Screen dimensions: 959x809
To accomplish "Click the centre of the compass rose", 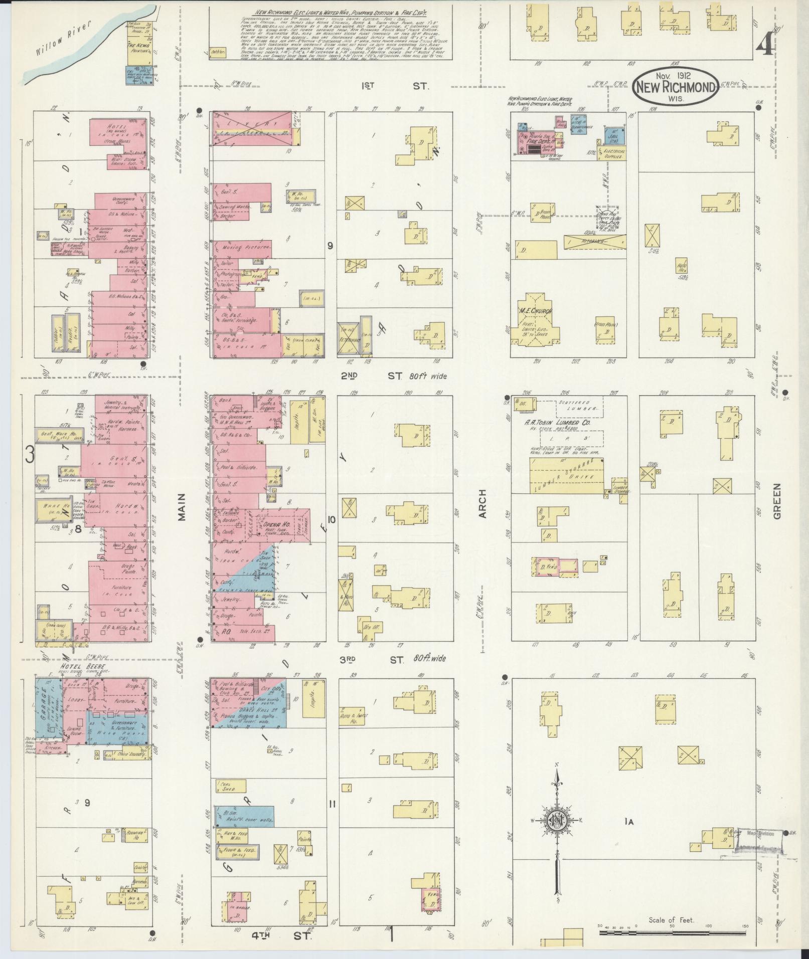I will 557,821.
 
